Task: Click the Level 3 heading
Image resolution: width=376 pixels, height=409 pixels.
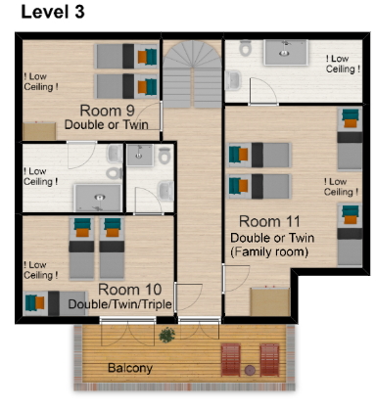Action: pos(53,12)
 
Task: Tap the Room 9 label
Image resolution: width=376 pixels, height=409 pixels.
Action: pos(107,111)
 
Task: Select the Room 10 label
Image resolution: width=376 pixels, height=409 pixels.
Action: pos(130,290)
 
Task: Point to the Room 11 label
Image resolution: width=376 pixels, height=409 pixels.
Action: pos(269,221)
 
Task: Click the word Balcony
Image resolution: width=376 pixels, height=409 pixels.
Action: pos(130,368)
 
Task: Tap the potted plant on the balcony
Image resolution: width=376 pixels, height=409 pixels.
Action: pos(166,335)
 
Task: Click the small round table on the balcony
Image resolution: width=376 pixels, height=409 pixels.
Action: pos(250,370)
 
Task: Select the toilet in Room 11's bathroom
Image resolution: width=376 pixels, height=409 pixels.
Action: pos(245,48)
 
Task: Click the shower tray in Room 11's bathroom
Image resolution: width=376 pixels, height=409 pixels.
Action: pos(286,52)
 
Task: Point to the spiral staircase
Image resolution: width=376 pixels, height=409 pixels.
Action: pos(193,74)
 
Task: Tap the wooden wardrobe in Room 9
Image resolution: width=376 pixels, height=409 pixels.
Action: pos(39,131)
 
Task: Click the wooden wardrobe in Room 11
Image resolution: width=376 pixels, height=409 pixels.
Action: pos(270,301)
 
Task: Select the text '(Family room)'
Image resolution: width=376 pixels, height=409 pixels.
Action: pos(269,251)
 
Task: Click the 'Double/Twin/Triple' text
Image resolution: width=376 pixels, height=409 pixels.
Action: pos(119,304)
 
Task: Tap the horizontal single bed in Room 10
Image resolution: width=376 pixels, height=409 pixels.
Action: pos(56,303)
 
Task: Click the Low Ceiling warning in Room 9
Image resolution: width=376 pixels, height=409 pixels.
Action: pos(41,82)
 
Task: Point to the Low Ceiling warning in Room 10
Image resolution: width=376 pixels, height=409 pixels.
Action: pos(41,270)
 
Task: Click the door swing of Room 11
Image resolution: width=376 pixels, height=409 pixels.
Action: pos(236,278)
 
